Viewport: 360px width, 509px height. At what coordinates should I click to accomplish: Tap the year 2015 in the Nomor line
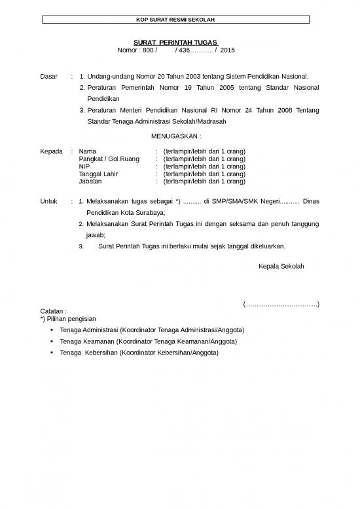(228, 50)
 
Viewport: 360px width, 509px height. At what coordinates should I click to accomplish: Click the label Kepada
(51, 151)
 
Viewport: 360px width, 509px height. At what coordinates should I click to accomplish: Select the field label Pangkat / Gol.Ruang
(109, 159)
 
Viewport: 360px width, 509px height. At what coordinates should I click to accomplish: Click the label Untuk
(50, 201)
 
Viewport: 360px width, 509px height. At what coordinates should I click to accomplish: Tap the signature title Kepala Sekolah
(281, 267)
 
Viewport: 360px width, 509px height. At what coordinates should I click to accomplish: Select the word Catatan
(53, 311)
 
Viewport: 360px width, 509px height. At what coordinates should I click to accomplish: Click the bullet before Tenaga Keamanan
(51, 341)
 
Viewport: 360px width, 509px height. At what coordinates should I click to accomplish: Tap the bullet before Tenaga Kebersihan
(51, 352)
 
